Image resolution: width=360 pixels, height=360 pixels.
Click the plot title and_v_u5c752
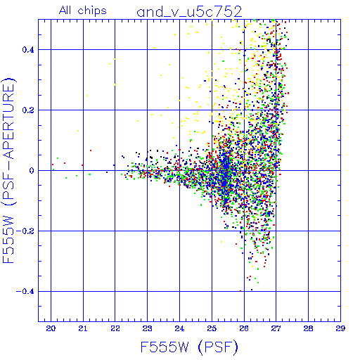(x=189, y=12)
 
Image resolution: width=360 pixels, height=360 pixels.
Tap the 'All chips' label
(x=83, y=11)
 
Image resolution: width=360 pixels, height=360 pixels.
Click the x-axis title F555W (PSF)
(x=189, y=347)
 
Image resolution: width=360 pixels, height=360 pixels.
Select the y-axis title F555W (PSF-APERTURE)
(x=8, y=170)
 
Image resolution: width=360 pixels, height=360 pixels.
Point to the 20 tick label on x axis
(x=51, y=328)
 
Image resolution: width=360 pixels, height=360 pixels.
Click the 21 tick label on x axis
(x=83, y=328)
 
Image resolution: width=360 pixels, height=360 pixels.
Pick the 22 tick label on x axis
(x=115, y=328)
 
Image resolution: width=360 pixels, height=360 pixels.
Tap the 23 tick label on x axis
(x=147, y=328)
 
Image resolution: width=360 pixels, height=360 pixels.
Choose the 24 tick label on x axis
(x=179, y=328)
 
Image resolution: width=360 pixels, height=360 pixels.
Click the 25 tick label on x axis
(x=212, y=328)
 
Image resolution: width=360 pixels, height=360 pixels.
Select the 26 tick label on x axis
(x=244, y=328)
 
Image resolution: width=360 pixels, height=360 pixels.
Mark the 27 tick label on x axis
(x=276, y=328)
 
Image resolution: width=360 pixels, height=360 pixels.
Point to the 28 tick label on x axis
(x=308, y=328)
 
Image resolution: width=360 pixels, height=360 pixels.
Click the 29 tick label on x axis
(x=340, y=328)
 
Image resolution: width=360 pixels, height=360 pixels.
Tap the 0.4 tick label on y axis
(x=28, y=50)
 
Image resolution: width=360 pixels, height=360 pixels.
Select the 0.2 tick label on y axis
(x=28, y=110)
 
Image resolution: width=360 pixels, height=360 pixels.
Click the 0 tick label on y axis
(x=32, y=171)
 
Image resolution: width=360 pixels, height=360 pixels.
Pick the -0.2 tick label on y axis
(x=25, y=231)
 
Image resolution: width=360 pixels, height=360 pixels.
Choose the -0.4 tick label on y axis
(x=25, y=292)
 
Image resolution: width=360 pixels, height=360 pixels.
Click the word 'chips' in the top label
(x=92, y=11)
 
